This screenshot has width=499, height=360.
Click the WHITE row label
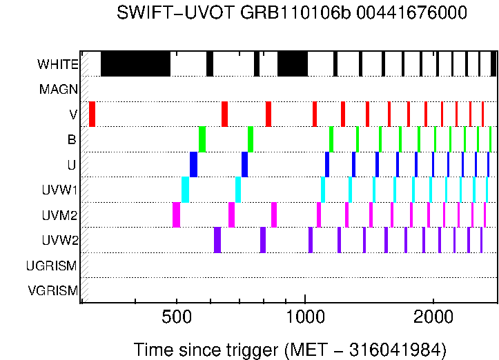click(57, 65)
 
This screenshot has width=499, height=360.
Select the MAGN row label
click(59, 89)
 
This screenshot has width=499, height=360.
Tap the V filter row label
click(73, 114)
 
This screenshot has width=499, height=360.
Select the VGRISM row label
click(52, 290)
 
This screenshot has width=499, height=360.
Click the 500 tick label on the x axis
click(177, 319)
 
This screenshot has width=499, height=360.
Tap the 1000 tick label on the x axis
click(305, 319)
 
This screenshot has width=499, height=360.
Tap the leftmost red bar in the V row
click(92, 114)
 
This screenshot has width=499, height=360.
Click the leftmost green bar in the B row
click(202, 139)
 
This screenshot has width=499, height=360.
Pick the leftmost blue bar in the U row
click(194, 164)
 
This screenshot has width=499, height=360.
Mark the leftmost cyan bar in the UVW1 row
click(185, 190)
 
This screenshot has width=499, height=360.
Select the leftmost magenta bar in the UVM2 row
click(176, 214)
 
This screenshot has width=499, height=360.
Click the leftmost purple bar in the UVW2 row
click(217, 240)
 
